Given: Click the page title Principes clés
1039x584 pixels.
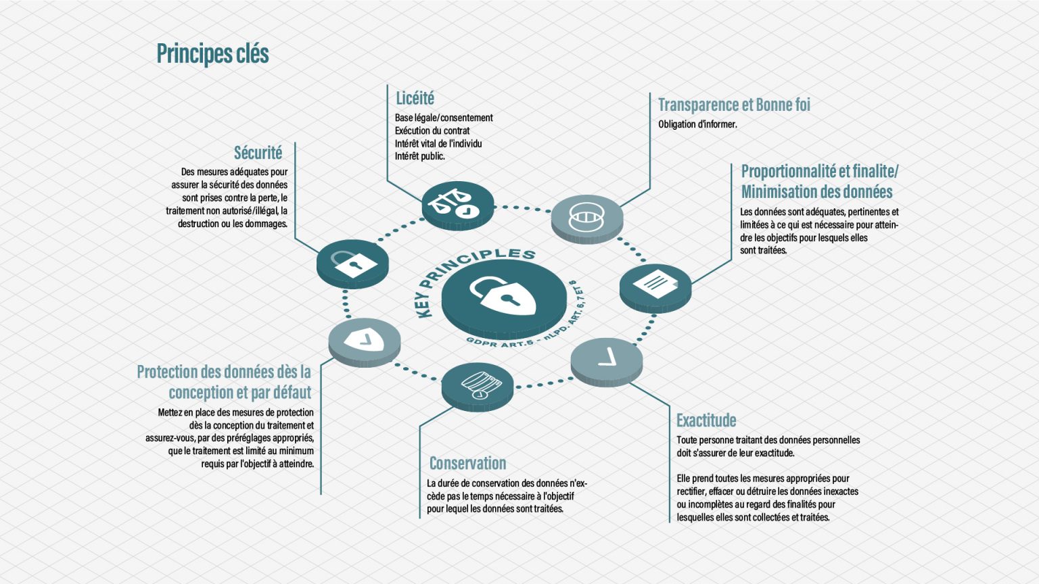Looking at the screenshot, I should tap(212, 54).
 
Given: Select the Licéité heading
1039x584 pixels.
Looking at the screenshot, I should tap(415, 99).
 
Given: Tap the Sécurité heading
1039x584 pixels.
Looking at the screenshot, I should tap(258, 153).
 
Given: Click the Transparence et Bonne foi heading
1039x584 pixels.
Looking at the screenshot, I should tap(734, 105).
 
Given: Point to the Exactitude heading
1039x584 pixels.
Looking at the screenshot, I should tap(706, 420).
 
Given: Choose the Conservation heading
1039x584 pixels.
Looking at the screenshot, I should tap(467, 464).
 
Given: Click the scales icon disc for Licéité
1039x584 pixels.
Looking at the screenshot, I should tap(457, 203).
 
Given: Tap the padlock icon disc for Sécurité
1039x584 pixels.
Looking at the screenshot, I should tap(352, 262).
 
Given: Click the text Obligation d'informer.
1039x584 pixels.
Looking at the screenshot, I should tap(697, 124).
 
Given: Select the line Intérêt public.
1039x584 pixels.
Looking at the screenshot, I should tap(420, 156).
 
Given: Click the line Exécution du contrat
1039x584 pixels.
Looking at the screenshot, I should tap(432, 130).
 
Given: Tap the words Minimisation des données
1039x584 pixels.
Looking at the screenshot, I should tap(816, 192).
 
